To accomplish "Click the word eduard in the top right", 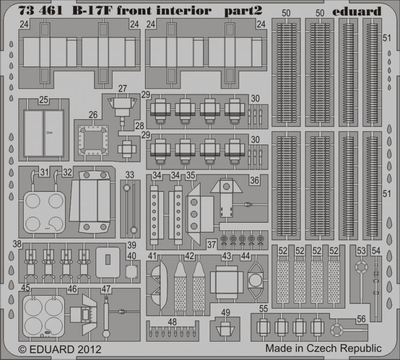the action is click(357, 11).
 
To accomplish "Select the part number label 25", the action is click(43, 100).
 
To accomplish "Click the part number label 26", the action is click(93, 115).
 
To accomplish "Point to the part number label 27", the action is click(122, 88).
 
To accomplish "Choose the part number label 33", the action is click(130, 175).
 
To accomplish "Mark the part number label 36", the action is click(254, 181).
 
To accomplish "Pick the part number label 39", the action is click(132, 245).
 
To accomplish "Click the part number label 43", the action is click(227, 256).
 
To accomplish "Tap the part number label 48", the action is click(172, 322).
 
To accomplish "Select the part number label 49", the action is click(226, 312).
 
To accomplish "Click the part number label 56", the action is click(361, 319).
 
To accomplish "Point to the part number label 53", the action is click(361, 251).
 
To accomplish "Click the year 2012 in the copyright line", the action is click(89, 349).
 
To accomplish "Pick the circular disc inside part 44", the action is click(254, 280).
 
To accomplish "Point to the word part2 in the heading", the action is click(243, 11).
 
